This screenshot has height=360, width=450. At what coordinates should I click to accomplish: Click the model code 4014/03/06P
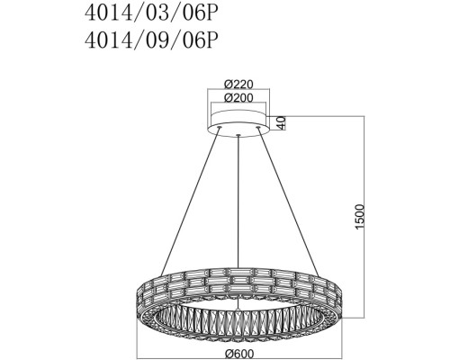[x=150, y=13]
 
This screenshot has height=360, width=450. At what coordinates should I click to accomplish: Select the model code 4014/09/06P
[x=150, y=40]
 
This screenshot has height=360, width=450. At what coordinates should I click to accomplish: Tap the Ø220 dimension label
[x=238, y=85]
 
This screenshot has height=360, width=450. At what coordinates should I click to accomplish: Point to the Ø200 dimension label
[x=238, y=97]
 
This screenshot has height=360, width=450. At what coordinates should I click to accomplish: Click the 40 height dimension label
[x=281, y=122]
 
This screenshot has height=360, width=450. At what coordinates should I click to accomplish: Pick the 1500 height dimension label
[x=359, y=217]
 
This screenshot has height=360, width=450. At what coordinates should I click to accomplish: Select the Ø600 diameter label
[x=238, y=354]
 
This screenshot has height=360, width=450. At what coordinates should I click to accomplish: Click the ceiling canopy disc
[x=238, y=123]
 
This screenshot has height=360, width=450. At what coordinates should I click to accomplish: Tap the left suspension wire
[x=190, y=202]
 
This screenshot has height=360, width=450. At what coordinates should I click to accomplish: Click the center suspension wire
[x=238, y=202]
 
